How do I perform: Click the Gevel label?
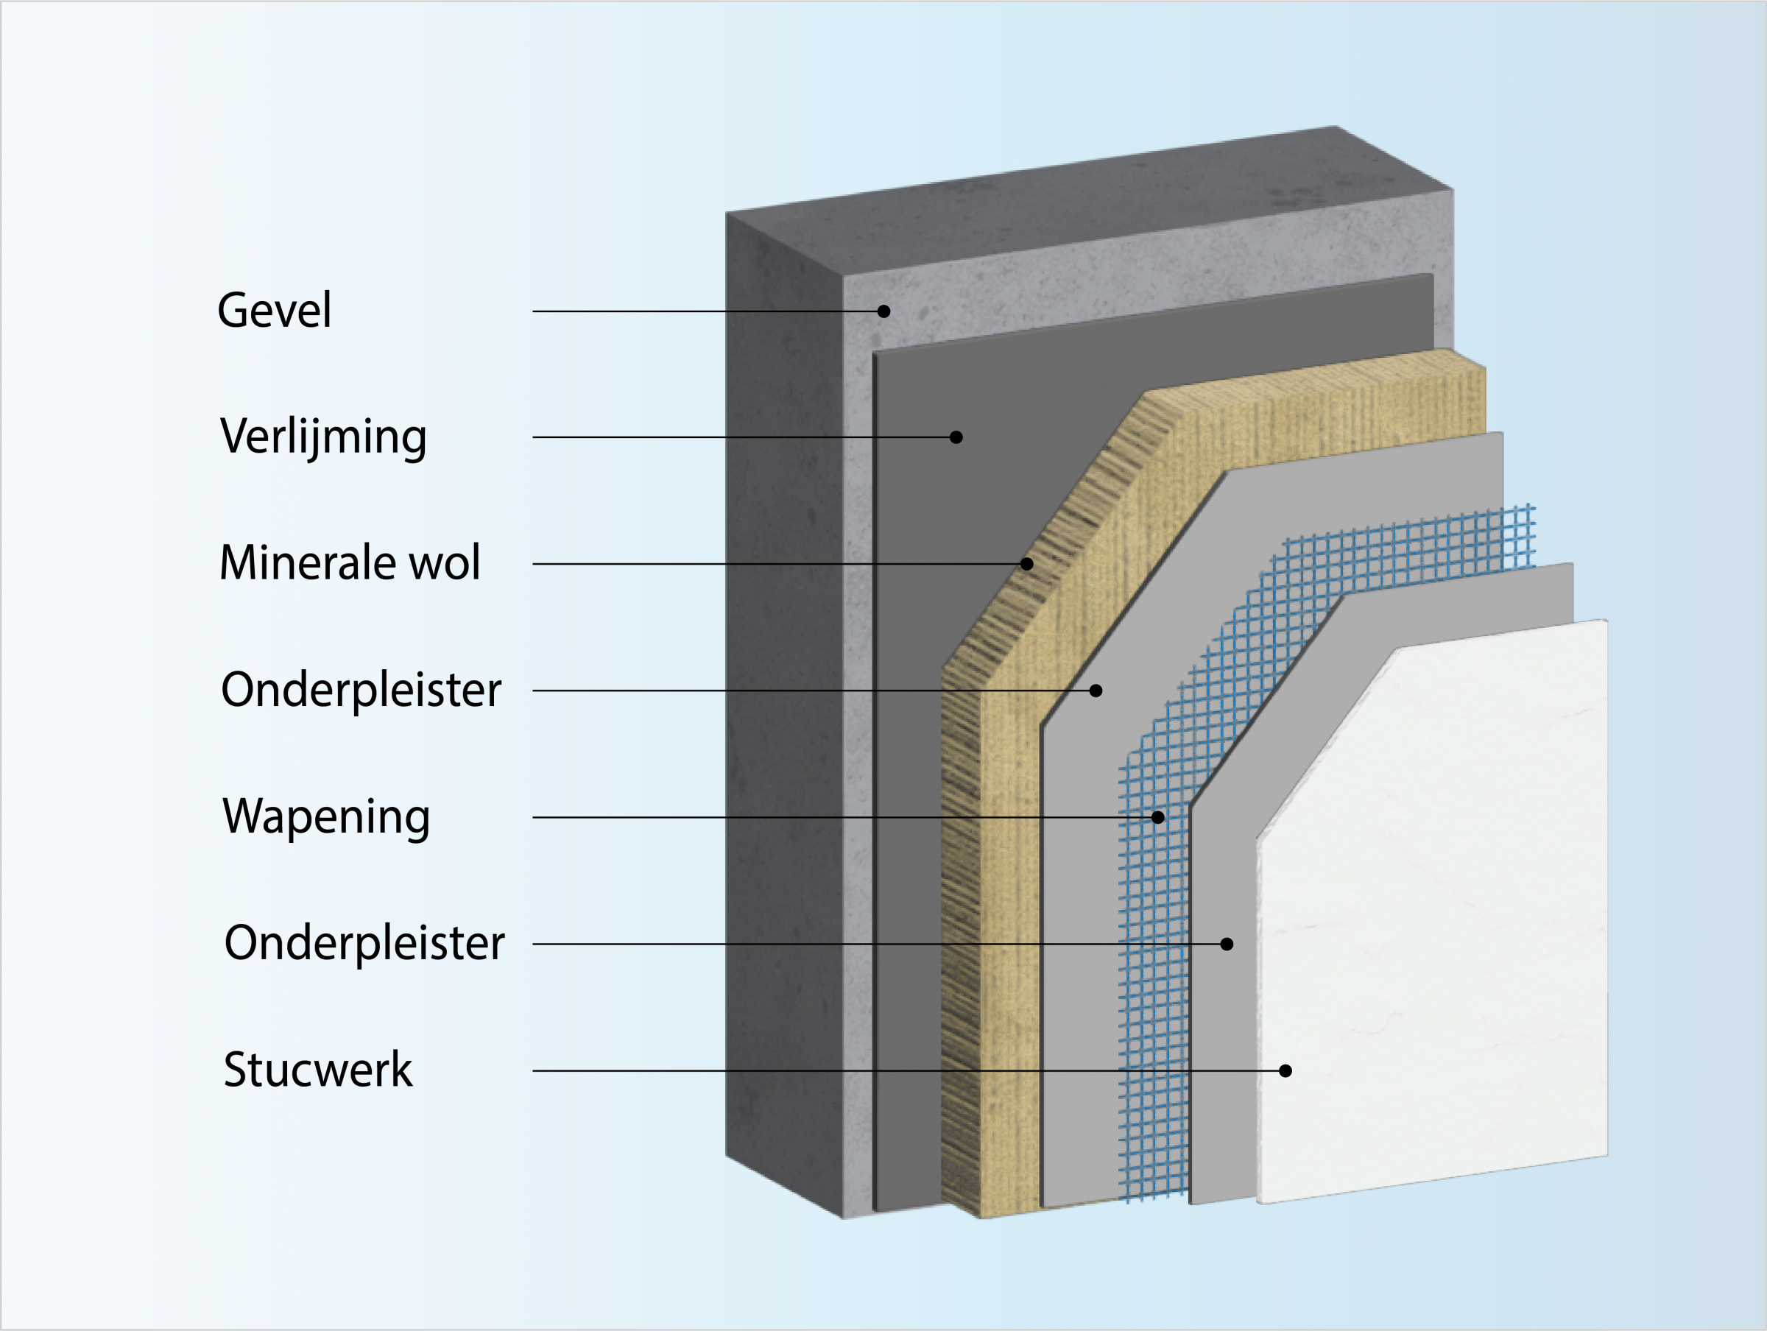(x=274, y=310)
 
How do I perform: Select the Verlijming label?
(x=323, y=437)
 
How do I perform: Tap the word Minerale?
(x=307, y=562)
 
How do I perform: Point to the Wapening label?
(x=326, y=816)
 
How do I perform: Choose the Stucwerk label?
(x=318, y=1070)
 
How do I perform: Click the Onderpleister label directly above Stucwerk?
(x=364, y=944)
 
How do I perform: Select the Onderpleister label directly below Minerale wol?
(x=361, y=690)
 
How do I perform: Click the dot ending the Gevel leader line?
(x=883, y=311)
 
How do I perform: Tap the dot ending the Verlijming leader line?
(x=956, y=437)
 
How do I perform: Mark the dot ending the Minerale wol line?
(x=1027, y=564)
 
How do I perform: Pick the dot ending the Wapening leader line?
(x=1158, y=817)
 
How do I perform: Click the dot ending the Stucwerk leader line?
(x=1285, y=1070)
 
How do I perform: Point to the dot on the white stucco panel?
(x=1285, y=1070)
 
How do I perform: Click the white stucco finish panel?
(x=1438, y=919)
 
